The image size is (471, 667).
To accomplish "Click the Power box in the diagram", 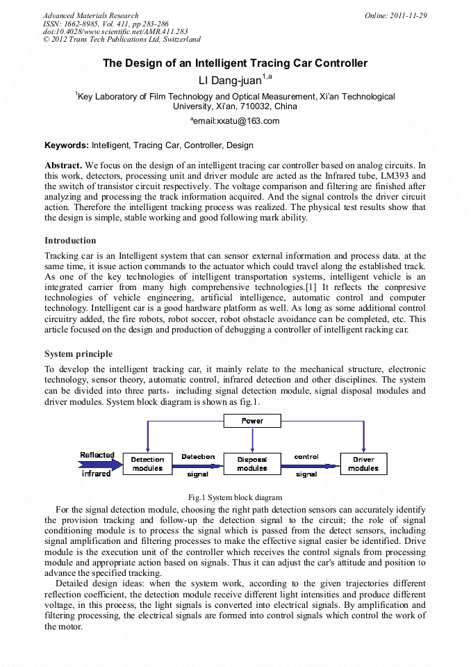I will point(252,421).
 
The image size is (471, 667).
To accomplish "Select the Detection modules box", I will point(147,464).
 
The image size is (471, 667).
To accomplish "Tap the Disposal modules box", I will point(252,464).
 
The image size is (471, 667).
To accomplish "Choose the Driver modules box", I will point(363,464).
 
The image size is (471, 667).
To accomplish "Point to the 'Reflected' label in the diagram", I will point(97,456).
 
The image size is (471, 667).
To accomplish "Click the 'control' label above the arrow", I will point(306,457).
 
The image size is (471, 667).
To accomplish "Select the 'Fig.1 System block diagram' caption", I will point(235,497).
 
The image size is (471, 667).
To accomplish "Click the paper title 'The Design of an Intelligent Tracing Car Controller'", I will point(235,63).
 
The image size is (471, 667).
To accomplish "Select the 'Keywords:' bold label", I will point(67,145).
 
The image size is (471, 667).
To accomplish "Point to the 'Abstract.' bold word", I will point(63,166).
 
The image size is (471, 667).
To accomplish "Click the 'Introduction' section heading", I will point(70,241).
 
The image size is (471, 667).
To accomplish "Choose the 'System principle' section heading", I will point(78,354).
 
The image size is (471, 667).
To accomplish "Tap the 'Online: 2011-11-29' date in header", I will point(395,15).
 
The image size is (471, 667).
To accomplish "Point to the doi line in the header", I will point(115,31).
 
